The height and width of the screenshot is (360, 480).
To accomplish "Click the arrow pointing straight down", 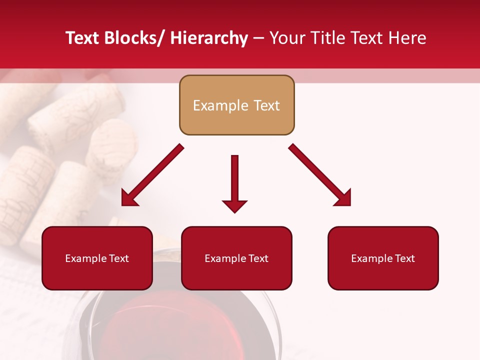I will [x=234, y=180].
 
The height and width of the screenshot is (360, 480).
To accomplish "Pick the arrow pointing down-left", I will [x=152, y=175].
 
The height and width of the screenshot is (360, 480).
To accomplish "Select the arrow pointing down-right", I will [x=320, y=175].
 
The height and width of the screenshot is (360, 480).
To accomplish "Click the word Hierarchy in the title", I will [x=209, y=38].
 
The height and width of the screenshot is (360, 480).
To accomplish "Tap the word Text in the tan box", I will [x=266, y=105].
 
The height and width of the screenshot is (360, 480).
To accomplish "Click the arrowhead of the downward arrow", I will [x=234, y=205].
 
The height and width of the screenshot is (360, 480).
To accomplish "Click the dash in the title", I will [x=258, y=38].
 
